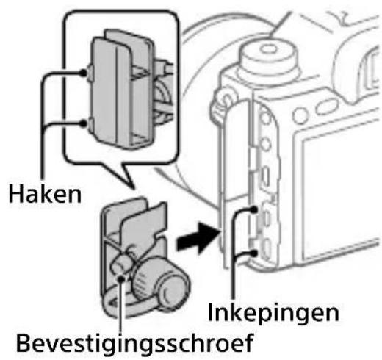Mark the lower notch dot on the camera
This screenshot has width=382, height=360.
[253, 253]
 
